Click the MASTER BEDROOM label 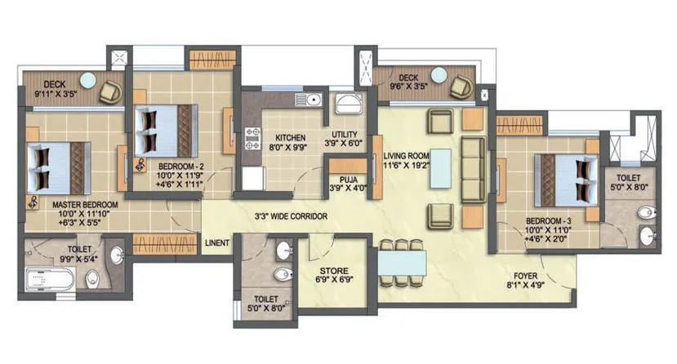(x=85, y=204)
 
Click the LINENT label (x=217, y=242)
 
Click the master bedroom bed (x=57, y=166)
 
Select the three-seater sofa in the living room (x=471, y=169)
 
